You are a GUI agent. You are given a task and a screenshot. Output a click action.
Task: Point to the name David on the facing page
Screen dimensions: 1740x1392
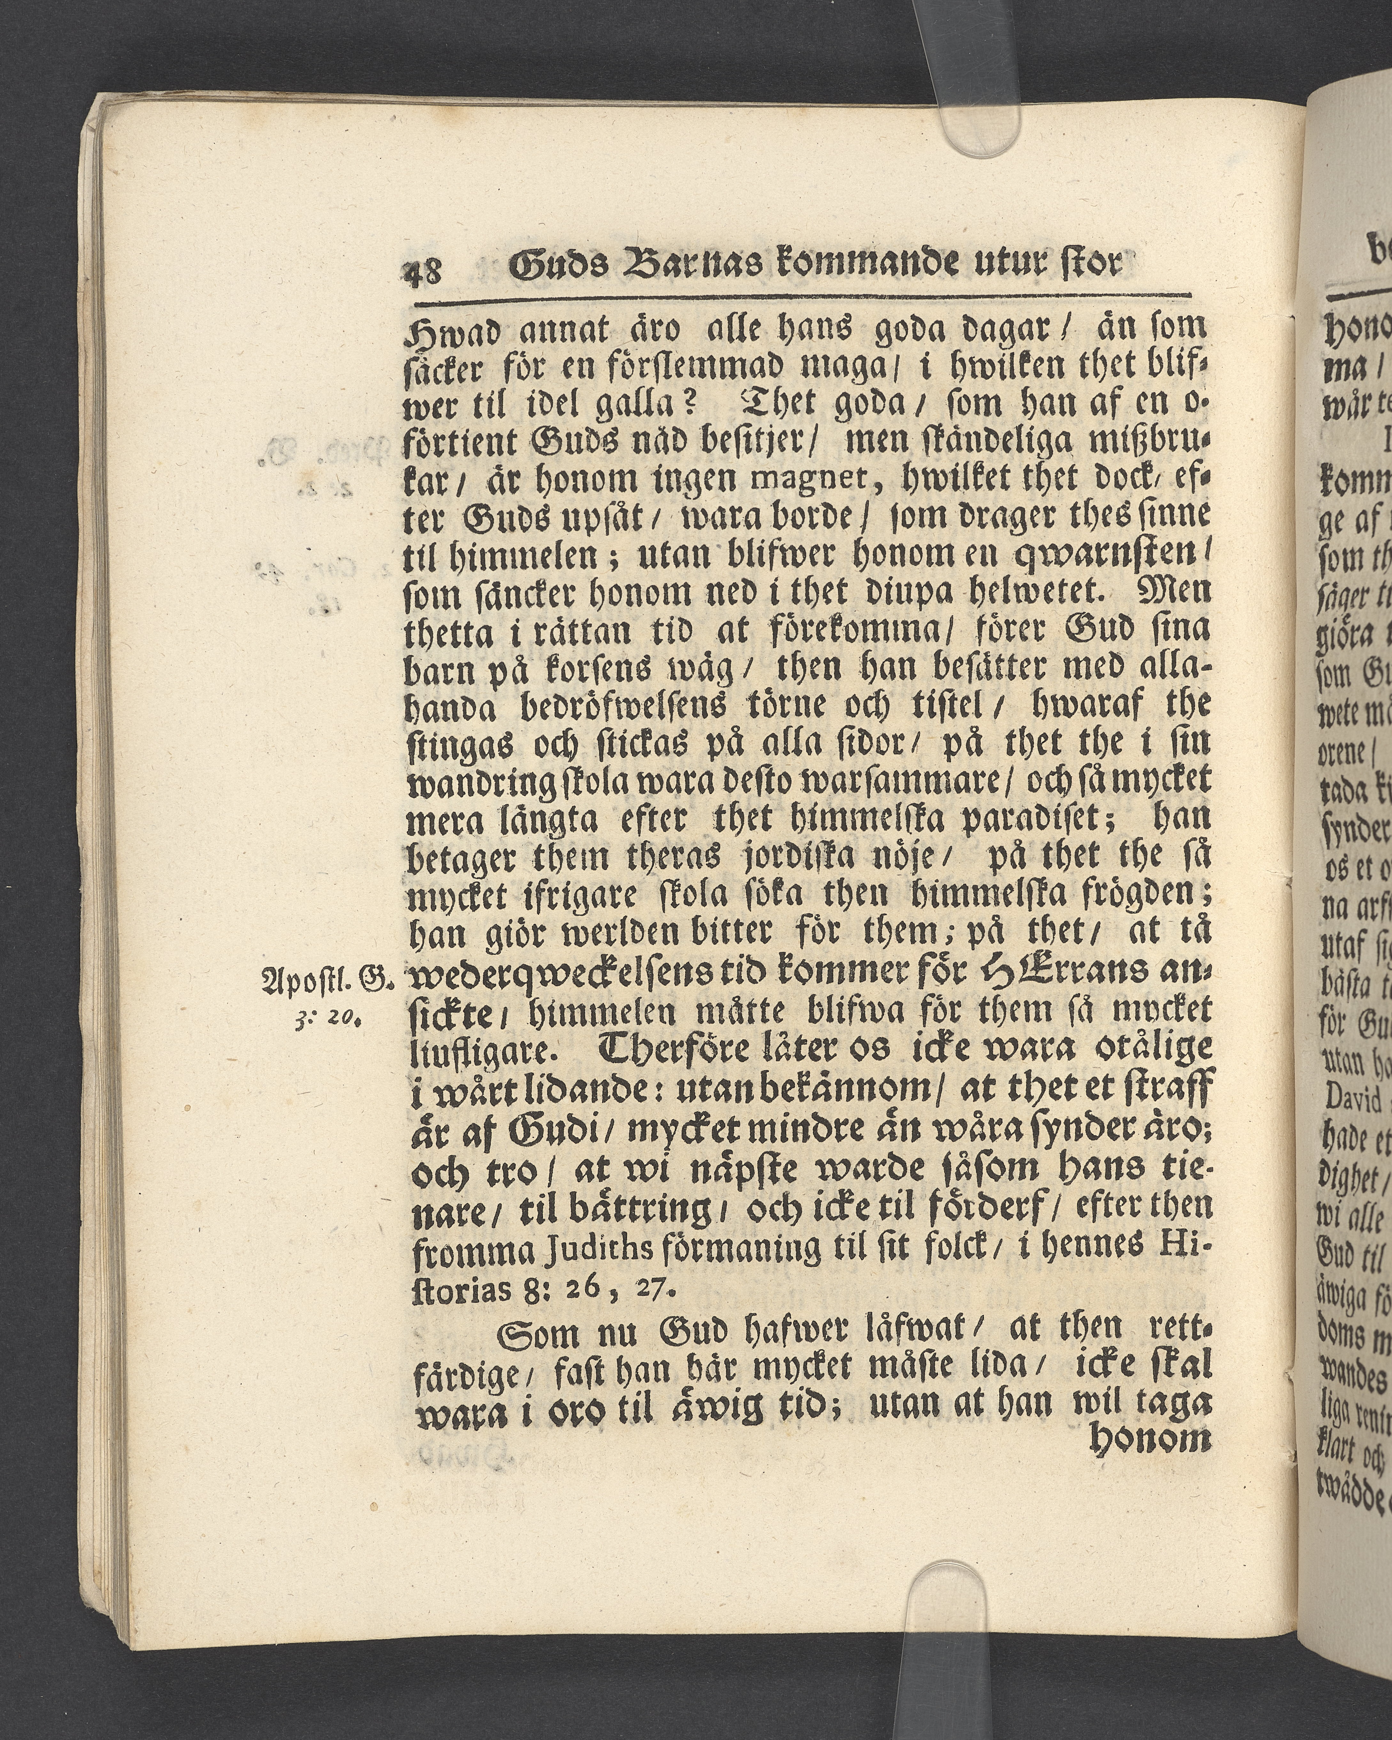pyautogui.click(x=1344, y=1098)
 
